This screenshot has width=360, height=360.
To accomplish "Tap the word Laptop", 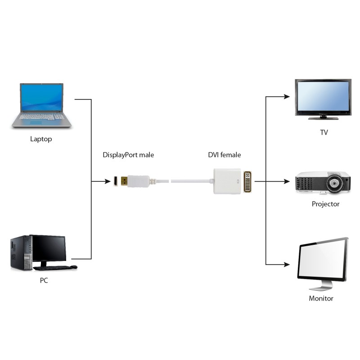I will (x=41, y=139).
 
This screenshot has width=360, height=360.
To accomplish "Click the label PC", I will (x=43, y=280).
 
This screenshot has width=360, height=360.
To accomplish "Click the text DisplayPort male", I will (x=128, y=155).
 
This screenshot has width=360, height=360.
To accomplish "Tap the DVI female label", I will (x=224, y=155).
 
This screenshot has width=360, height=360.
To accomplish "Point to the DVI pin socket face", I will (x=248, y=181).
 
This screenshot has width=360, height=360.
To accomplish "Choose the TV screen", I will (x=322, y=97).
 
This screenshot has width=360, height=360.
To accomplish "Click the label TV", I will (x=324, y=133).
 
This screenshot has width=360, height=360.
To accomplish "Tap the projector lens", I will (x=336, y=184).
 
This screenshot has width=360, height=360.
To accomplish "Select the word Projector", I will (x=325, y=204).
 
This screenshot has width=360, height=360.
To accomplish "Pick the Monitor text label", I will (x=321, y=298).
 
